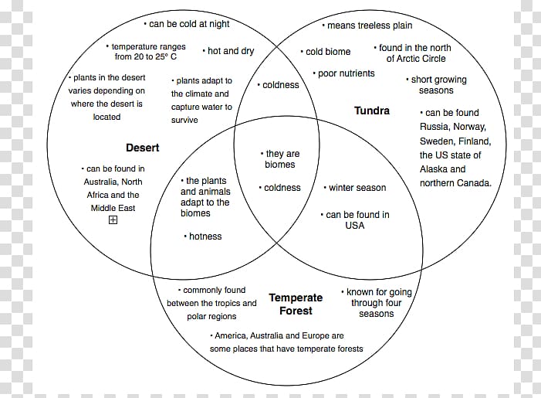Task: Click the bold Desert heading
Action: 143,148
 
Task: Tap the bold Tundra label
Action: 372,111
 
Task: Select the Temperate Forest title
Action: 296,304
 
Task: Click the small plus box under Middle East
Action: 113,219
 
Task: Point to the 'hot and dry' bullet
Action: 228,51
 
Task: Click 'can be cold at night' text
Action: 187,24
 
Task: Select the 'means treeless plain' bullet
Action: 367,26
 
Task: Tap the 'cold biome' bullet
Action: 326,52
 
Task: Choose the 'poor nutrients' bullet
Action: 343,73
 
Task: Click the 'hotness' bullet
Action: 203,236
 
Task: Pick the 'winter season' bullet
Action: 355,188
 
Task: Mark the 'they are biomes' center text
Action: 280,159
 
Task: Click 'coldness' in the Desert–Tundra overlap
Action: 278,85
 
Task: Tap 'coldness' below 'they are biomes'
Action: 280,188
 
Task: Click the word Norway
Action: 469,127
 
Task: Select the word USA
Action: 355,225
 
